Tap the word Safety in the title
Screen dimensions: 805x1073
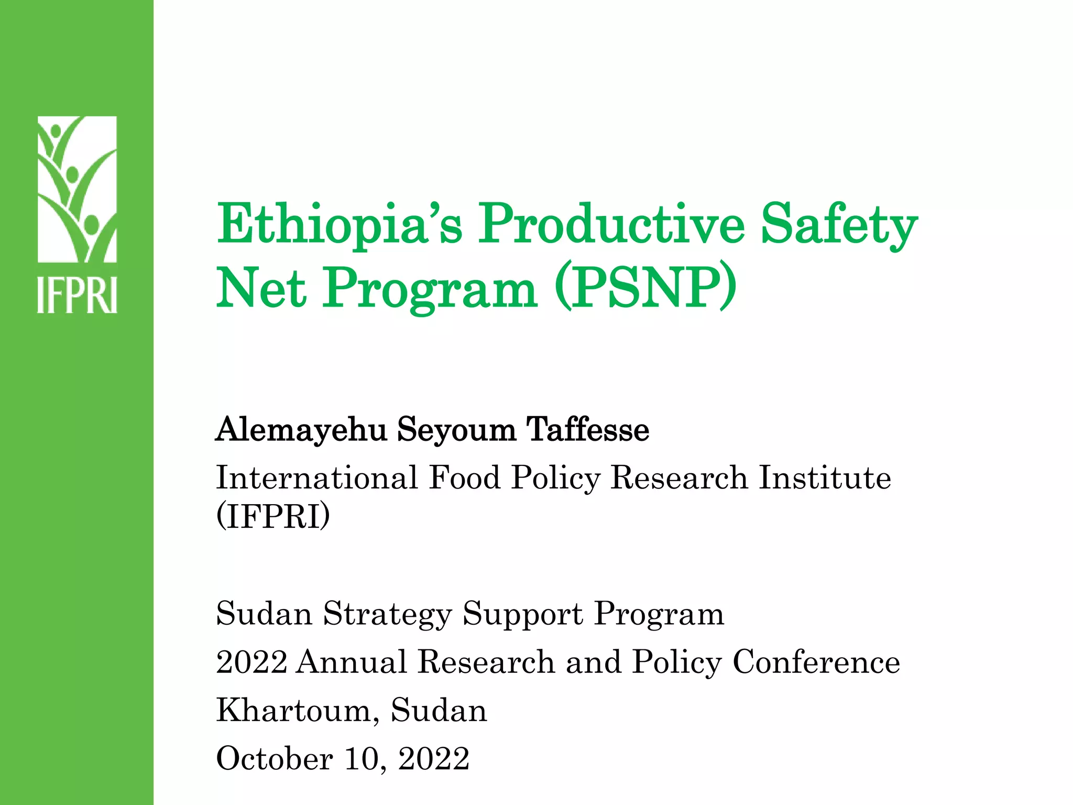click(838, 225)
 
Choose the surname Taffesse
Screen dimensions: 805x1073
click(587, 430)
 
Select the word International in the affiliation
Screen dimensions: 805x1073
click(317, 478)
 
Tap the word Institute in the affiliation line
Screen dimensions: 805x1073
click(825, 478)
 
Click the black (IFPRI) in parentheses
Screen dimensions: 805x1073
click(273, 517)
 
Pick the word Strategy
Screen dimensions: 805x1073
click(387, 614)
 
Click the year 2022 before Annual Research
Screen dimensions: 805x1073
click(252, 662)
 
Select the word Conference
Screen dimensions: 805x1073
click(816, 662)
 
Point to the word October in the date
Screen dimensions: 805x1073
click(275, 759)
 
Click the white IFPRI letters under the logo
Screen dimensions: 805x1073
click(77, 296)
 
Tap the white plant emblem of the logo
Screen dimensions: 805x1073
click(77, 189)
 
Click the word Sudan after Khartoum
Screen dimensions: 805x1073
click(439, 711)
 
